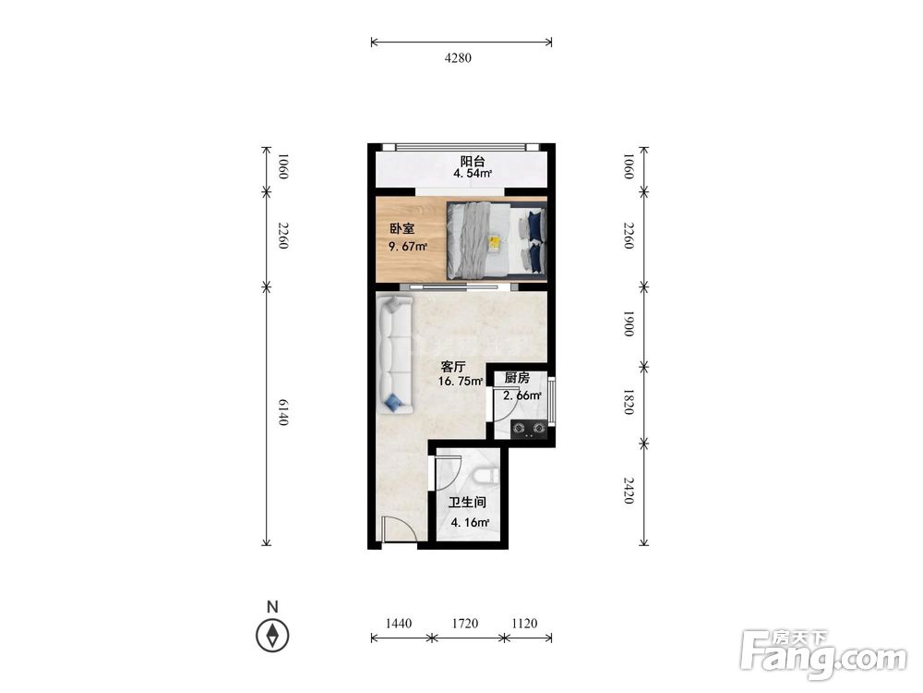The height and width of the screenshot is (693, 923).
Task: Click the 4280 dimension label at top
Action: (458, 57)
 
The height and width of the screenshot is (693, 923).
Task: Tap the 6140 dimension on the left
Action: (283, 412)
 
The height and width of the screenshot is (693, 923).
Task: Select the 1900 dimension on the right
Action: (628, 323)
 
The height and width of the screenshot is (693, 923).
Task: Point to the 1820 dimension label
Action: (628, 402)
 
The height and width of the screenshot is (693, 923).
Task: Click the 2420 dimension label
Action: (628, 491)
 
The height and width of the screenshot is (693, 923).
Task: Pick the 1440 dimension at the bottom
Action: (399, 623)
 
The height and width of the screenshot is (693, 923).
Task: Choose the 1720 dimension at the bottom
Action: (465, 623)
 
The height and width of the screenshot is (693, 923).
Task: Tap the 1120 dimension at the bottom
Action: (524, 623)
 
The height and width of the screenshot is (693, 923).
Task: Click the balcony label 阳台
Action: (473, 161)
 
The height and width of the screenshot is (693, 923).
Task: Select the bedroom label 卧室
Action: (402, 228)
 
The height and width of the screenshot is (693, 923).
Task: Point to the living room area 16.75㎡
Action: (461, 381)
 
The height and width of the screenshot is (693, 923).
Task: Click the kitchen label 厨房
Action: (517, 378)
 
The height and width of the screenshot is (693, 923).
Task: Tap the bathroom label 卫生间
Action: (467, 503)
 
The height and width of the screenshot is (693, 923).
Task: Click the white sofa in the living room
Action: (395, 353)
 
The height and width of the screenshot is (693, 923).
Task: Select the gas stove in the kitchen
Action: (528, 429)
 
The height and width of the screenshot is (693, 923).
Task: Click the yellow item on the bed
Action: (495, 242)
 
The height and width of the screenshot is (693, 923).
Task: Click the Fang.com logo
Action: (823, 654)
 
